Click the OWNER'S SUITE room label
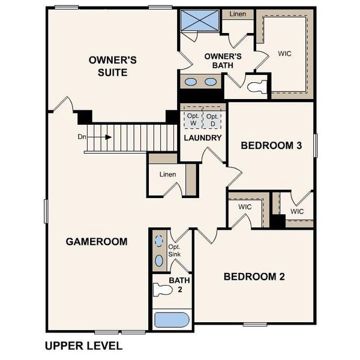point(113,66)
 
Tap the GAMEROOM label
point(97,242)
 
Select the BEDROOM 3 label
point(271,145)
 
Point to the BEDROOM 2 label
point(254,277)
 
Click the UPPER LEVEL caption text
point(83,346)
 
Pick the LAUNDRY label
point(203,138)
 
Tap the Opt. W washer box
point(193,119)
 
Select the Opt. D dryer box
point(211,119)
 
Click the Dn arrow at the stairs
point(107,137)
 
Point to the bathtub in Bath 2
point(172,320)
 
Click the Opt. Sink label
point(175,251)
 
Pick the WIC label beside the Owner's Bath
point(285,53)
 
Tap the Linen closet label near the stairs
point(167,175)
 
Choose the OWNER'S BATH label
point(223,61)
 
